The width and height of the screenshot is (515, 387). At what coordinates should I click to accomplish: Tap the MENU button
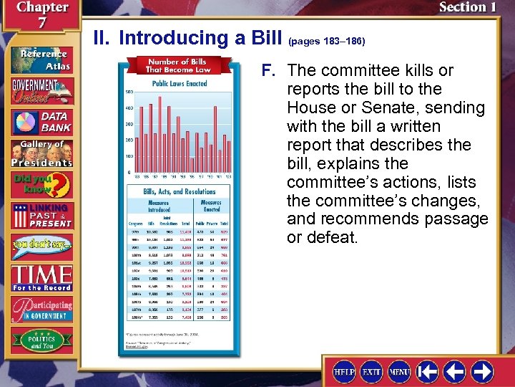click(x=399, y=373)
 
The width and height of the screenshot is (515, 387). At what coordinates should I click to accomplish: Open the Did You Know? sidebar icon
click(x=41, y=186)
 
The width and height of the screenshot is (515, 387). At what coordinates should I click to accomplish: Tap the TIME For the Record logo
click(x=41, y=278)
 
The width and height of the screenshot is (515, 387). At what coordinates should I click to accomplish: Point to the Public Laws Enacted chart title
click(x=180, y=84)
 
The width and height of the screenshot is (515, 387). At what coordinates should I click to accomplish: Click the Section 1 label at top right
click(x=466, y=8)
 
